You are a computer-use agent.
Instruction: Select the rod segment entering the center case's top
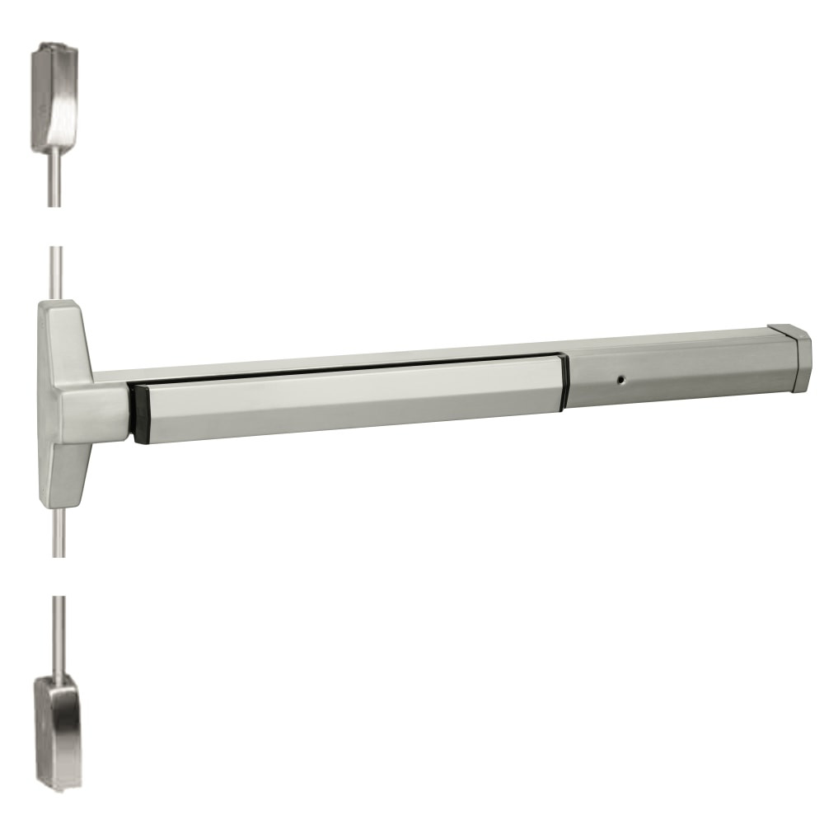click(x=54, y=272)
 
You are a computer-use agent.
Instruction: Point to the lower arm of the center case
click(x=62, y=470)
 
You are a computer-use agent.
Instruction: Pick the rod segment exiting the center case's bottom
click(x=56, y=531)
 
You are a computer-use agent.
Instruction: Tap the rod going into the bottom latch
click(x=58, y=634)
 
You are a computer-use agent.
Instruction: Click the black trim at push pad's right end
click(x=564, y=381)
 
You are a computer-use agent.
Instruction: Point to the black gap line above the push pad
click(x=346, y=368)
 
